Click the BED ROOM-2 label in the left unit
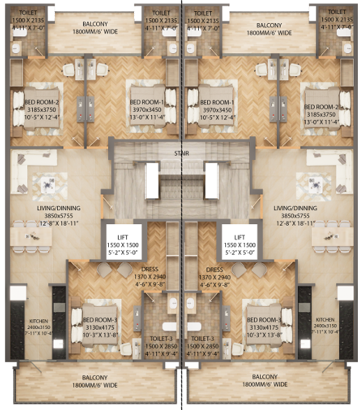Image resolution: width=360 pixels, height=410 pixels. point(43,103)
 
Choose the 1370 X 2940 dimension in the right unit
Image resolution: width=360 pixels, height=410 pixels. point(214,277)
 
